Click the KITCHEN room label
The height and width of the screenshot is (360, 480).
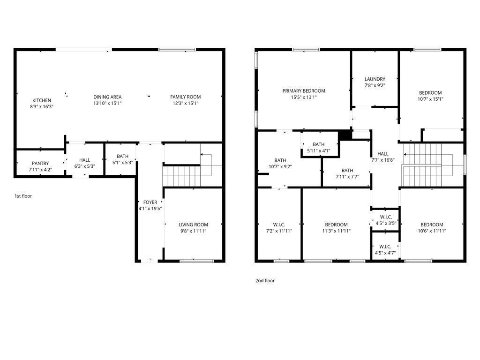(x=42, y=100)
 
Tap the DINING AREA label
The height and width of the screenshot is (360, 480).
(x=107, y=97)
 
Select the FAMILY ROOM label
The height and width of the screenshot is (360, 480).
(x=186, y=97)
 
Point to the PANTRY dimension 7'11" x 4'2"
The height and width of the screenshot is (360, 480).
(x=40, y=170)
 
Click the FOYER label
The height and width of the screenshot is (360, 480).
(x=150, y=202)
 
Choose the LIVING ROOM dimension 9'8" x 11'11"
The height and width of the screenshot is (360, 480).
(x=193, y=231)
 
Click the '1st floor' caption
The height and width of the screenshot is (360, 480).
(x=23, y=196)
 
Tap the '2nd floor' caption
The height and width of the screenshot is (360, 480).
(x=265, y=281)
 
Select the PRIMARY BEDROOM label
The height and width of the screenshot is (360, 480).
(x=304, y=91)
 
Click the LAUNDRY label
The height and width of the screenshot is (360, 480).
(x=375, y=79)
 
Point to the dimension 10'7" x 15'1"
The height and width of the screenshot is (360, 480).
(x=430, y=99)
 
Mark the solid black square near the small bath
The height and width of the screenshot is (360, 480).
(x=345, y=135)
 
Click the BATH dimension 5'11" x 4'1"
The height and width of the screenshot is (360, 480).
(x=319, y=150)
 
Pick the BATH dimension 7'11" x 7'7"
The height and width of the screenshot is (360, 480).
(x=347, y=177)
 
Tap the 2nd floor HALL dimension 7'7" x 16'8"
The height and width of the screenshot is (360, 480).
(x=382, y=160)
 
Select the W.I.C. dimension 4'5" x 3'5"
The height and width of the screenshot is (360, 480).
(x=386, y=224)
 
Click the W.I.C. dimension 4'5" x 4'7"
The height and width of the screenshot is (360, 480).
(x=385, y=253)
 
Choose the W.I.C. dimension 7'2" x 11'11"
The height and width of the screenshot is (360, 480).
(x=279, y=231)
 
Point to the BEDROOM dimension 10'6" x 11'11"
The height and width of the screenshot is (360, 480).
(x=432, y=231)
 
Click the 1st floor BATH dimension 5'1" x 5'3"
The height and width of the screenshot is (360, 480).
(x=122, y=163)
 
